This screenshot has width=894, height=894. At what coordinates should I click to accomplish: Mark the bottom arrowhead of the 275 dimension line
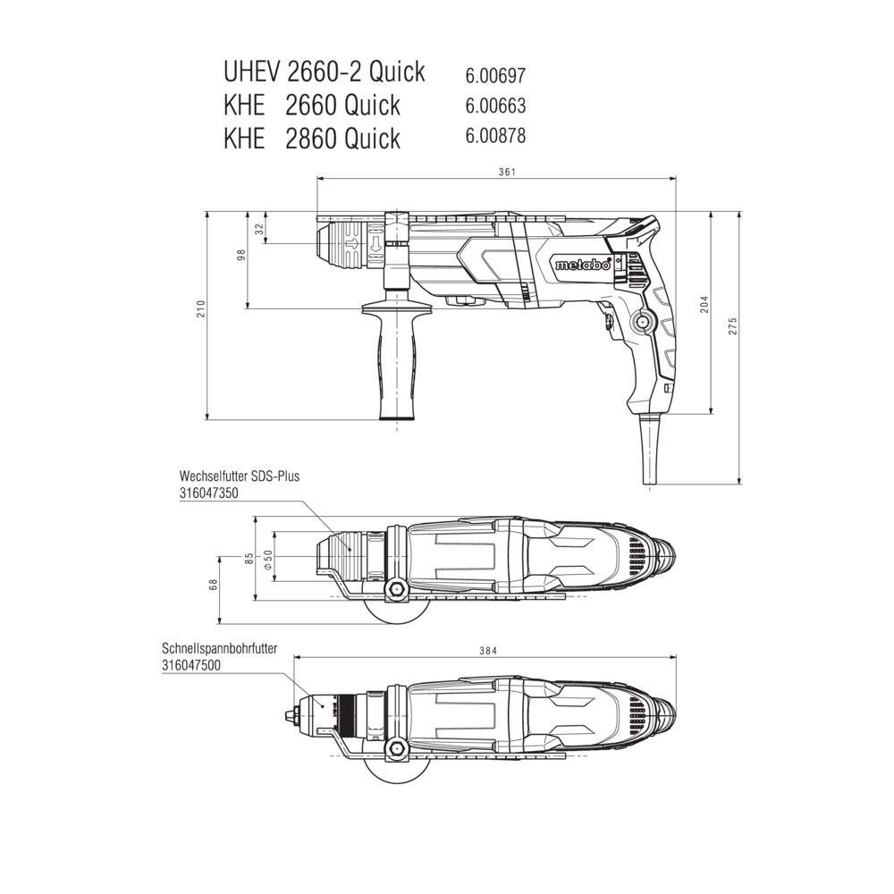coord(739,480)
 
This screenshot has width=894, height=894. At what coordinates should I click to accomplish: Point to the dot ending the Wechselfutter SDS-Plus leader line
coord(350,549)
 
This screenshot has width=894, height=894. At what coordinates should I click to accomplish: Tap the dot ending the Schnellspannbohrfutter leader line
coord(323,706)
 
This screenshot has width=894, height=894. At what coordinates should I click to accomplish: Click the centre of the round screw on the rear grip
coord(644,323)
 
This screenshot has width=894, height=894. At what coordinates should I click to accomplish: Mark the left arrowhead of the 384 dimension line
coord(298,657)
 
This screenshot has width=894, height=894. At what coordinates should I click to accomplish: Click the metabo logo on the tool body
coord(583,265)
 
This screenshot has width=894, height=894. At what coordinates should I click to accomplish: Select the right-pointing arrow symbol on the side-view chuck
coord(352,245)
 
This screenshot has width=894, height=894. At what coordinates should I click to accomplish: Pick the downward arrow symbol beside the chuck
coord(375,245)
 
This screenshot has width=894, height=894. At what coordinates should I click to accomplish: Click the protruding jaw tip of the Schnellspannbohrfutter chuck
coord(291,713)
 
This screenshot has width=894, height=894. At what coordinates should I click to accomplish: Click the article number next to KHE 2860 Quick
coord(495,136)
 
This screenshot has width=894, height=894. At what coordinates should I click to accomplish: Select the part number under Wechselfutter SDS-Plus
coord(208,493)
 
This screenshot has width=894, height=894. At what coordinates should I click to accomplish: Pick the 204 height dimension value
coord(704,305)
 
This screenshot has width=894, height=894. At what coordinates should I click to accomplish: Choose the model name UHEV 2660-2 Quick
coord(325,72)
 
